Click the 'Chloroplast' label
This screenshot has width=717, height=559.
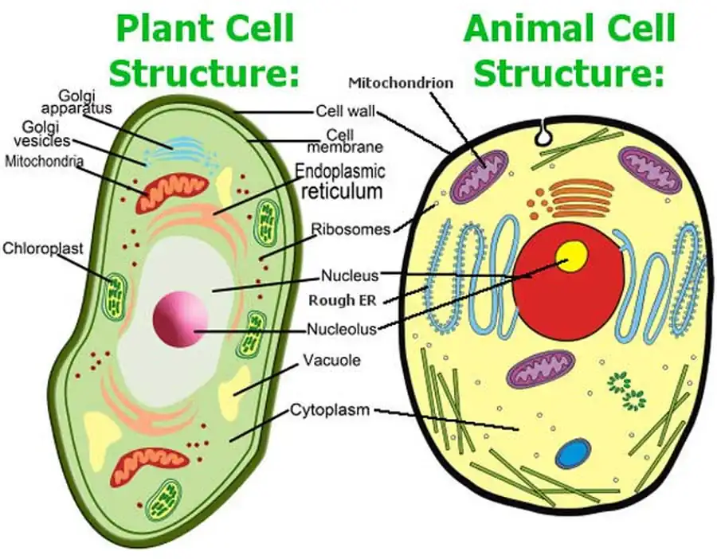(41, 248)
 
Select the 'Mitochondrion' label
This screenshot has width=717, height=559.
(401, 82)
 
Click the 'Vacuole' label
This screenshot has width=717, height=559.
(331, 361)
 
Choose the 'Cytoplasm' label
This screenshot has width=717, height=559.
(329, 411)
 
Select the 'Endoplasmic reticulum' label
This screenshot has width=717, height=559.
(339, 181)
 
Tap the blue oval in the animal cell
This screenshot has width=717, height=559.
(573, 454)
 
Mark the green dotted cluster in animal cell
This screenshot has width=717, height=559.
(625, 390)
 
